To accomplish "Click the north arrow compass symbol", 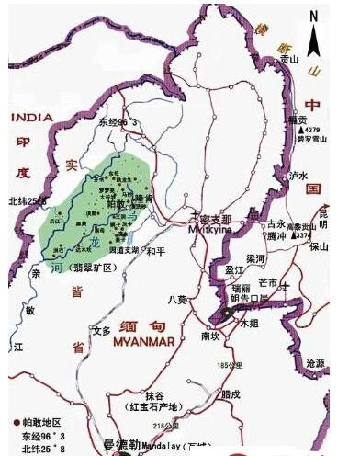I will tap(314, 40).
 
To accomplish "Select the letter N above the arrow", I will tap(314, 16).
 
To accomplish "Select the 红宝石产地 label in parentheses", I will tap(151, 405).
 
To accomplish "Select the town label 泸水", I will tap(298, 174).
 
